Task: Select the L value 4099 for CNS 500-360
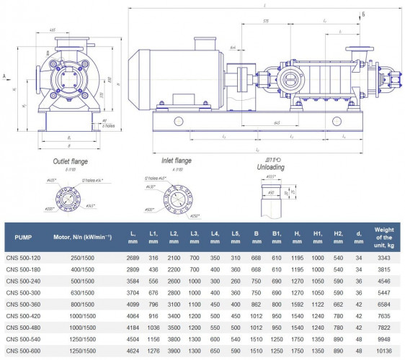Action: click(x=133, y=305)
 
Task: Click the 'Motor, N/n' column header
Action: click(x=80, y=236)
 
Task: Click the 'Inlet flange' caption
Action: click(x=177, y=161)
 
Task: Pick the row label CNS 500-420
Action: click(x=25, y=317)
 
